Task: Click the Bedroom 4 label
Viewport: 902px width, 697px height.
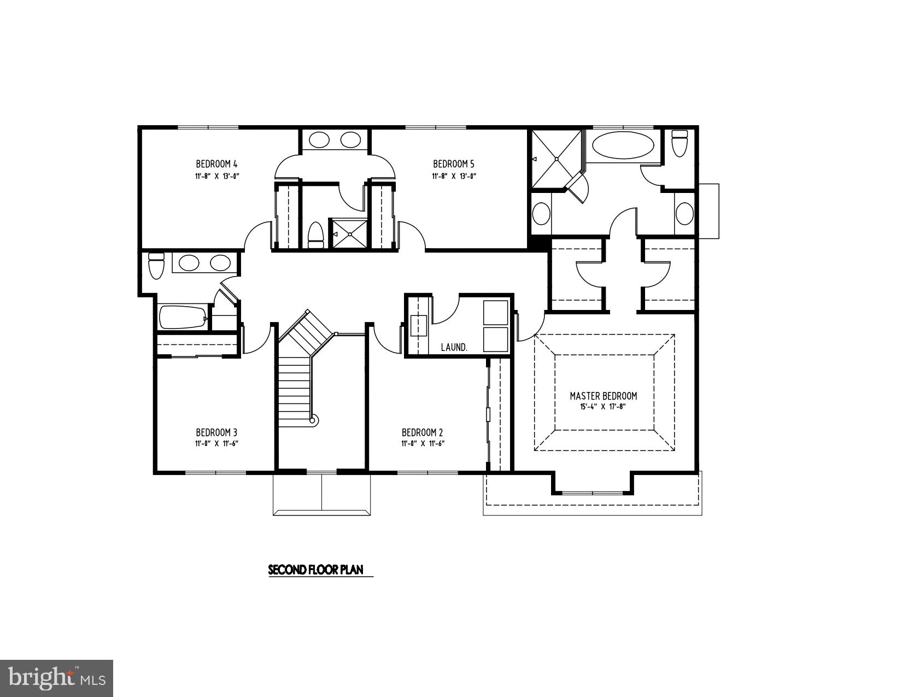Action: (x=216, y=164)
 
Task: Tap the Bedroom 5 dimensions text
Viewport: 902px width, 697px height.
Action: (x=454, y=176)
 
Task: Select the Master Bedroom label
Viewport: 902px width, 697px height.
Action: (x=603, y=396)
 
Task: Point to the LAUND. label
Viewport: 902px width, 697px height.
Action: (x=454, y=347)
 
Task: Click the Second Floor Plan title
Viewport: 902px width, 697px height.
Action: (x=315, y=570)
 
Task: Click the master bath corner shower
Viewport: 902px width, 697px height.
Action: (x=556, y=159)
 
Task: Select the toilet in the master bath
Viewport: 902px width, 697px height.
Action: (x=679, y=143)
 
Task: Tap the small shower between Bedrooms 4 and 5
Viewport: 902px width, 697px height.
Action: (x=349, y=234)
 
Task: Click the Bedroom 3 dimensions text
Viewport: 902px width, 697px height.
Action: (x=216, y=444)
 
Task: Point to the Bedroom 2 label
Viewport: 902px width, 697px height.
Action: (x=422, y=432)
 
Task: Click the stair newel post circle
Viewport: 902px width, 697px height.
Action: (x=313, y=420)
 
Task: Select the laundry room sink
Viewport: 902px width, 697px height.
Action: (x=419, y=325)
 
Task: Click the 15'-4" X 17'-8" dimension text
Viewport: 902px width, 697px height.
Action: (x=602, y=407)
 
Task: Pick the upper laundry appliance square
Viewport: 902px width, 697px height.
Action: (x=495, y=312)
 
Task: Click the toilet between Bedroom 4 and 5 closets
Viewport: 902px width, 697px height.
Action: (x=315, y=235)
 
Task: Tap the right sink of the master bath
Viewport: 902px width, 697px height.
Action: (x=684, y=213)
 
